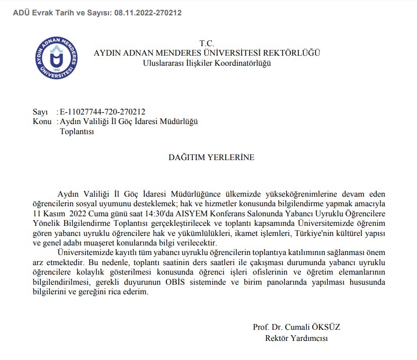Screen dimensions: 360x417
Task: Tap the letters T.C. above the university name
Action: pos(207,43)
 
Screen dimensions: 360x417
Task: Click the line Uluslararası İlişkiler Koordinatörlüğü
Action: pos(207,63)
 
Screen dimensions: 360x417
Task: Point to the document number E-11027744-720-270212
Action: pos(102,112)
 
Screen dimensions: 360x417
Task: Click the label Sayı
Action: pos(40,112)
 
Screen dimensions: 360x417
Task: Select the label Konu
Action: pos(42,122)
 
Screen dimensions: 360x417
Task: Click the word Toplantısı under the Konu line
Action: pos(77,131)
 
